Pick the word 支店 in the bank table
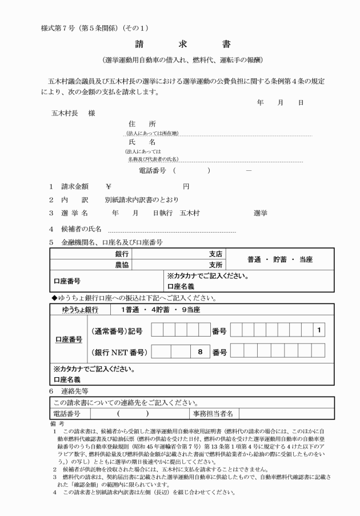tap(215, 254)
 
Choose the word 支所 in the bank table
tap(215, 265)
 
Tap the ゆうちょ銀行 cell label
tap(80, 310)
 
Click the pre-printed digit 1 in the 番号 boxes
tap(318, 330)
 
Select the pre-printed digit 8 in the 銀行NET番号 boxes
tap(201, 352)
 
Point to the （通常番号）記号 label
tap(117, 330)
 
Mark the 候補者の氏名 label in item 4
tap(82, 229)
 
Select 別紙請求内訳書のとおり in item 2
tap(141, 199)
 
